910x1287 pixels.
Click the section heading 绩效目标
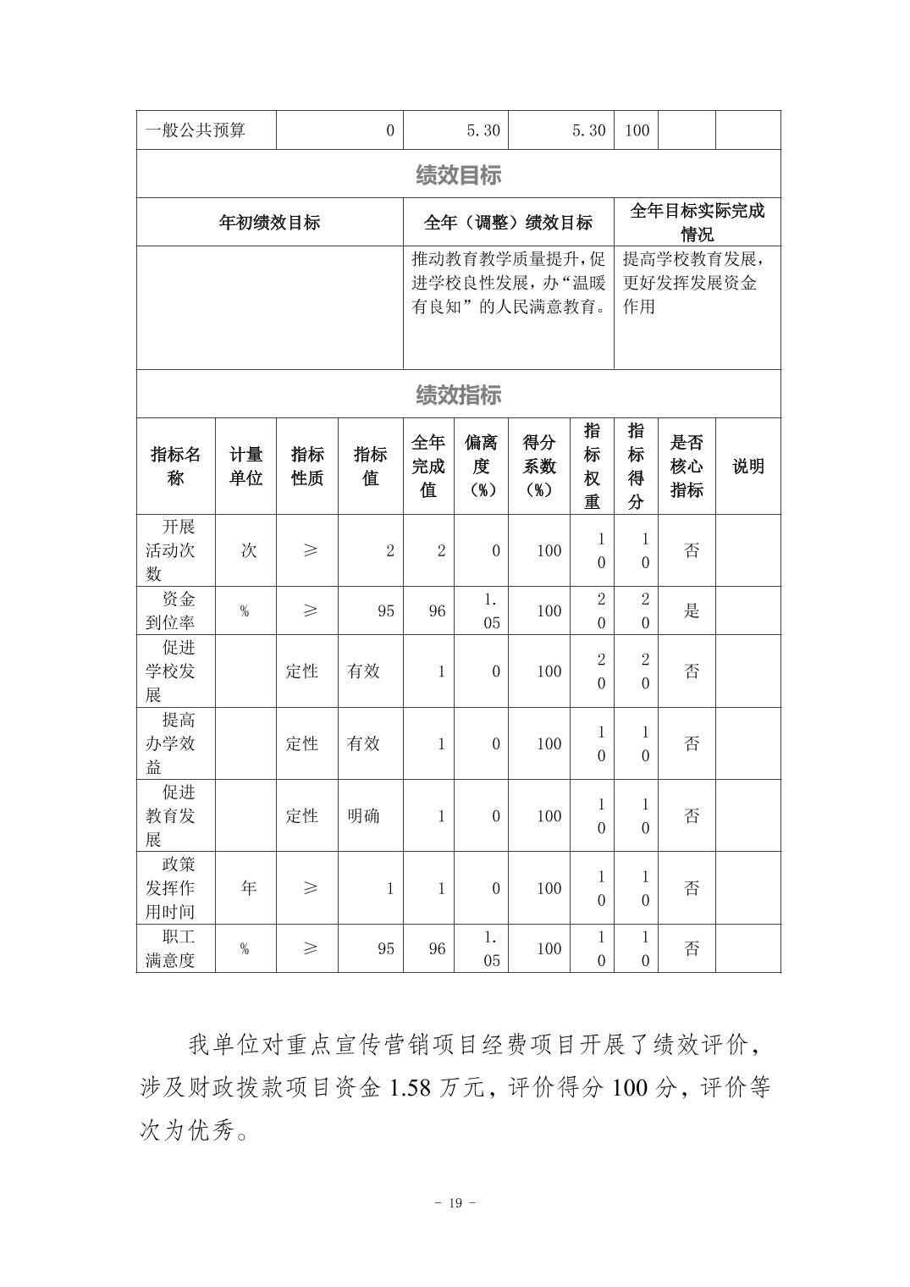pos(458,174)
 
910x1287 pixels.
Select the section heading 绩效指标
pos(458,395)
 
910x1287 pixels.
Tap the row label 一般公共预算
pos(196,130)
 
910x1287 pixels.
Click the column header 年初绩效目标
pos(269,223)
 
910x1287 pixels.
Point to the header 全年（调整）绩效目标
pos(508,223)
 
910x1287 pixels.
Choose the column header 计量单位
pos(245,467)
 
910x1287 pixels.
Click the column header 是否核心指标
pos(687,467)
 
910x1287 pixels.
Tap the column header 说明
pos(747,467)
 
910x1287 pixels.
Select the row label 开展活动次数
pos(174,550)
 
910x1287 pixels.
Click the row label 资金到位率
pos(174,610)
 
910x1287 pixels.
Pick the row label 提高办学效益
pos(174,743)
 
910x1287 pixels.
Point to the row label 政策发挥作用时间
pos(174,888)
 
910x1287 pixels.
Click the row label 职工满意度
pos(174,948)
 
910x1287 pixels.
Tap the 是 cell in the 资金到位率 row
pos(692,611)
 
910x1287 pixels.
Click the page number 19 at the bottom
pos(455,1203)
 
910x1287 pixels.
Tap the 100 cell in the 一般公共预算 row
pos(637,130)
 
